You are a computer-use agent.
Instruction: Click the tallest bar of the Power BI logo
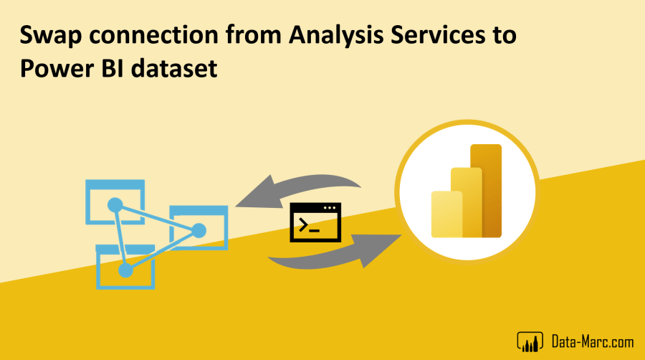484,190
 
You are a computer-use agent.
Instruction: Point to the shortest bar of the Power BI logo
446,214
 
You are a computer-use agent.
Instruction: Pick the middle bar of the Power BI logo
466,202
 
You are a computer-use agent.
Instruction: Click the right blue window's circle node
199,230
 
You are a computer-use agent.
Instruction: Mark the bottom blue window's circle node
125,270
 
